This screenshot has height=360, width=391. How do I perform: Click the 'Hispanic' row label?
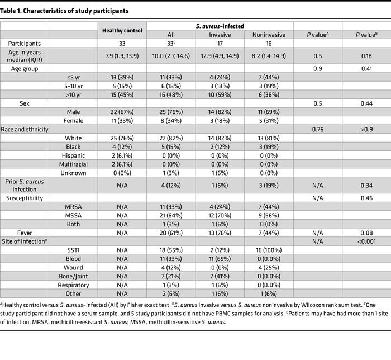pos(74,155)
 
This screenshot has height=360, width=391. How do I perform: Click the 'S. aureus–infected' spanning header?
pos(218,25)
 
